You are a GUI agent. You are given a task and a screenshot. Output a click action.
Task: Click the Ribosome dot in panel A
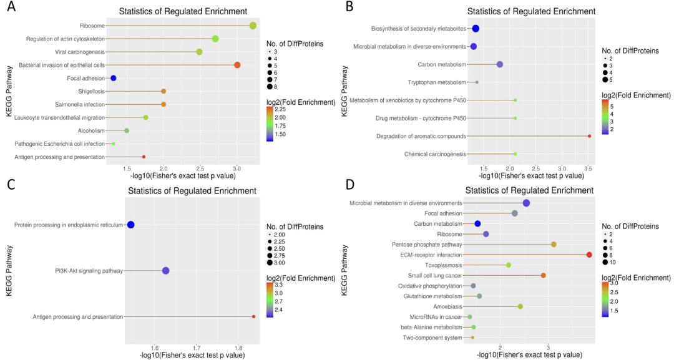click(253, 26)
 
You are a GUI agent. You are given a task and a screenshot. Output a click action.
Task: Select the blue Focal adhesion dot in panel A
click(114, 78)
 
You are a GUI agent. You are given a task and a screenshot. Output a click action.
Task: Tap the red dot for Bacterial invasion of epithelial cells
click(237, 65)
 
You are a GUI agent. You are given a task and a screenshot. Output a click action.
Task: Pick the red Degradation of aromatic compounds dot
click(589, 135)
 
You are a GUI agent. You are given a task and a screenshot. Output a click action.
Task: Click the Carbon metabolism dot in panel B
click(499, 64)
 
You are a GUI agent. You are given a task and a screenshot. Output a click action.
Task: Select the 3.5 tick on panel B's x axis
click(588, 168)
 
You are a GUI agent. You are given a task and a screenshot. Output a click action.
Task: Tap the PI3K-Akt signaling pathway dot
click(165, 271)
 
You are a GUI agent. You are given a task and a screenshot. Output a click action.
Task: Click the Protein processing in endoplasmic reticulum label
click(69, 225)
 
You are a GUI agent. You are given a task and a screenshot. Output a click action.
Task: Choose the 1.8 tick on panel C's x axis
click(238, 348)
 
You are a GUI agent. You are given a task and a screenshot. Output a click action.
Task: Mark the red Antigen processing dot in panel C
click(253, 317)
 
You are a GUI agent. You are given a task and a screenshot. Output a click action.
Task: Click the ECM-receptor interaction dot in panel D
click(589, 255)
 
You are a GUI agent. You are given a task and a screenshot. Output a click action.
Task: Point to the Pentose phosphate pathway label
click(427, 245)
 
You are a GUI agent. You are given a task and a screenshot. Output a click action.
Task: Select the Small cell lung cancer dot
click(543, 275)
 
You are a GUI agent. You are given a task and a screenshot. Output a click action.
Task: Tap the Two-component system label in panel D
click(432, 338)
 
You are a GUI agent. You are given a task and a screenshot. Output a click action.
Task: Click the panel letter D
click(349, 185)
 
